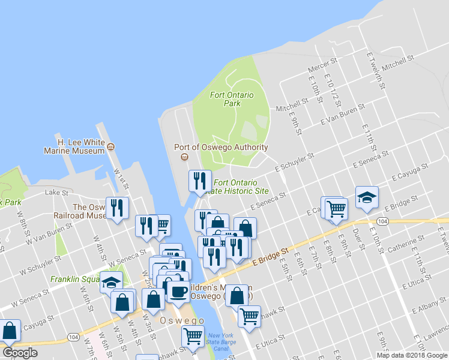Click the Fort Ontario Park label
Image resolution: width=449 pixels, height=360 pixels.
pos(232,99)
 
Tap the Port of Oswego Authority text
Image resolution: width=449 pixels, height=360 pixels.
pos(220,147)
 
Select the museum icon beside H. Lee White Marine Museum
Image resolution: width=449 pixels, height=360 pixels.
pos(110,146)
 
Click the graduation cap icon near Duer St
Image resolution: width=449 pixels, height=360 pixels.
pos(366,197)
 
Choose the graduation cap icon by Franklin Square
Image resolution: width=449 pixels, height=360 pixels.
pos(111,281)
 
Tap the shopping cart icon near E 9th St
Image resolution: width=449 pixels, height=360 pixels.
pos(336,208)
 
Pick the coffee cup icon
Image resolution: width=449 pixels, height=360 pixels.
pos(178,292)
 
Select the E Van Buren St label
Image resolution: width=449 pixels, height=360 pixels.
pos(342,113)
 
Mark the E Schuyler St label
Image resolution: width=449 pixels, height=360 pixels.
pos(294,163)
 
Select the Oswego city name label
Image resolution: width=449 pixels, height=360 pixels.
pos(183,321)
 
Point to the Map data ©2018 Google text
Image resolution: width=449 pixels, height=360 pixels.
pos(412,355)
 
